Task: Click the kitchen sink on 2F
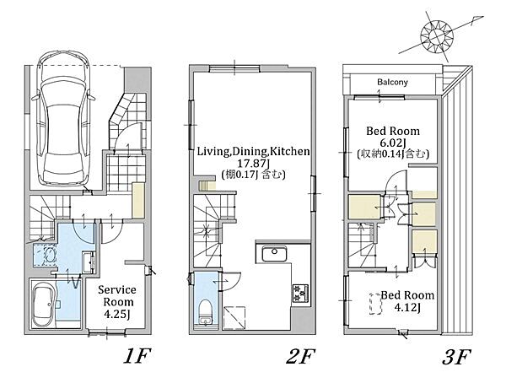tap(275, 254)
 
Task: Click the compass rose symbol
tap(437, 35)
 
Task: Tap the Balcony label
tap(392, 82)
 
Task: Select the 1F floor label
tap(137, 356)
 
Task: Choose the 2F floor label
tap(300, 356)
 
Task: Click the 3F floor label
tap(456, 356)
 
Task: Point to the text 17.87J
tap(253, 163)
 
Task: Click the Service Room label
tap(117, 296)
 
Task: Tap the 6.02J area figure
tap(393, 143)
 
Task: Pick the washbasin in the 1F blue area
tap(88, 262)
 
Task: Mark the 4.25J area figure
tap(117, 314)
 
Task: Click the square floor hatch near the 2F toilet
tap(234, 318)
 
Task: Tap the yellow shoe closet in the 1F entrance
tap(138, 200)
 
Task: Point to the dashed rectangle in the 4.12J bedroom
tap(375, 304)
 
